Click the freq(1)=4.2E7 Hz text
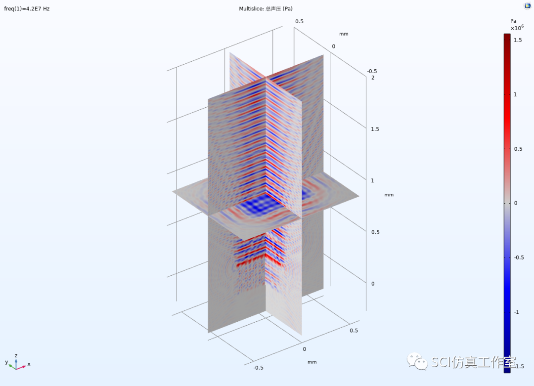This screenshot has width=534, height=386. tap(27, 9)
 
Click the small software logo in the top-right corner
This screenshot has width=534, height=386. tap(528, 6)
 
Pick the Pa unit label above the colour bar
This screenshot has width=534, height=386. tap(513, 21)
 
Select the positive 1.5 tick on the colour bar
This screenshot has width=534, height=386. tap(517, 40)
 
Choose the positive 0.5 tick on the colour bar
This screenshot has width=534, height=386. tap(517, 149)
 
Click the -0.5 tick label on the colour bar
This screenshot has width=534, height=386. tap(518, 257)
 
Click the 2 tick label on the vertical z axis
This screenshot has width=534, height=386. tap(373, 78)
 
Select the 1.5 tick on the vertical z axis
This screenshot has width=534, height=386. tap(376, 129)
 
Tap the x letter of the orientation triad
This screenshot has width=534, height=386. tap(29, 364)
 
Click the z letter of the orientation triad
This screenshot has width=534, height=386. tap(16, 355)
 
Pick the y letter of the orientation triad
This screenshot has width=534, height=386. tap(7, 362)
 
